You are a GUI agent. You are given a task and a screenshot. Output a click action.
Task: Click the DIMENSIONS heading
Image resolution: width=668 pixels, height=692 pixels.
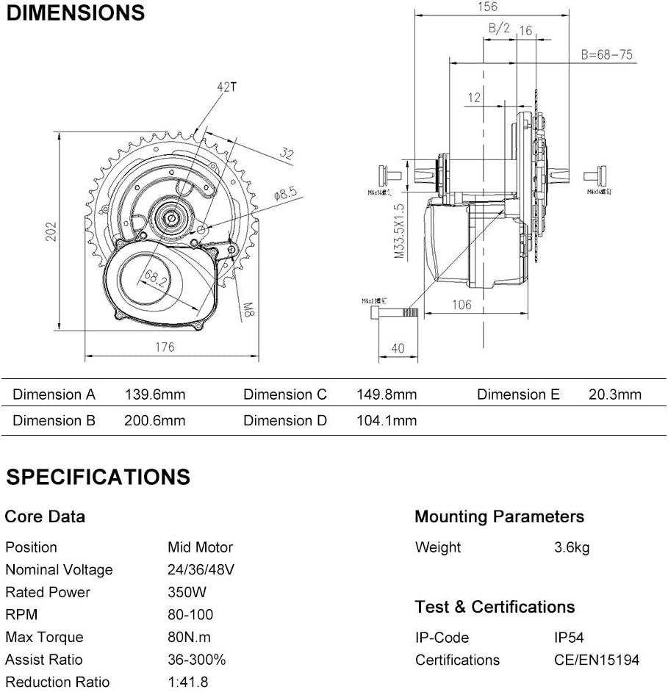[x=75, y=13]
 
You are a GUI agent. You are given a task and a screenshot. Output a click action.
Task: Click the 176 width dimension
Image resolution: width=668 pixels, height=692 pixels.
[x=165, y=347]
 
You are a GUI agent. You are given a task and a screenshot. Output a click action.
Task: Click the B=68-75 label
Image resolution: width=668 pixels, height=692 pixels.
[x=606, y=55]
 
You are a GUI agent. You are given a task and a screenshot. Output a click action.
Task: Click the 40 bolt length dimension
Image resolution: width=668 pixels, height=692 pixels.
[x=398, y=347]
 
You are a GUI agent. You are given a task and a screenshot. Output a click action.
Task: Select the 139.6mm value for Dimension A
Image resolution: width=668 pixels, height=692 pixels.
[x=155, y=394]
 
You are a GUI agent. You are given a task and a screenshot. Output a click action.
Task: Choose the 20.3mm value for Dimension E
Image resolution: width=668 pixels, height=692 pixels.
[x=614, y=394]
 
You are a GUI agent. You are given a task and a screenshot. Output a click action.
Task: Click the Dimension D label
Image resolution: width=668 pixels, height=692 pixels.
[x=284, y=420]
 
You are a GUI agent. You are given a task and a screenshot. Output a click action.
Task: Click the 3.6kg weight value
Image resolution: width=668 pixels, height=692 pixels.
[x=571, y=547]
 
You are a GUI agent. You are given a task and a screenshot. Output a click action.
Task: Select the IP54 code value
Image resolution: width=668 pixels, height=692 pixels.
[x=569, y=638]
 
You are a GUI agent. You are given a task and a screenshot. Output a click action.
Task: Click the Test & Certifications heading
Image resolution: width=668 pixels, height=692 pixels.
[x=495, y=607]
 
